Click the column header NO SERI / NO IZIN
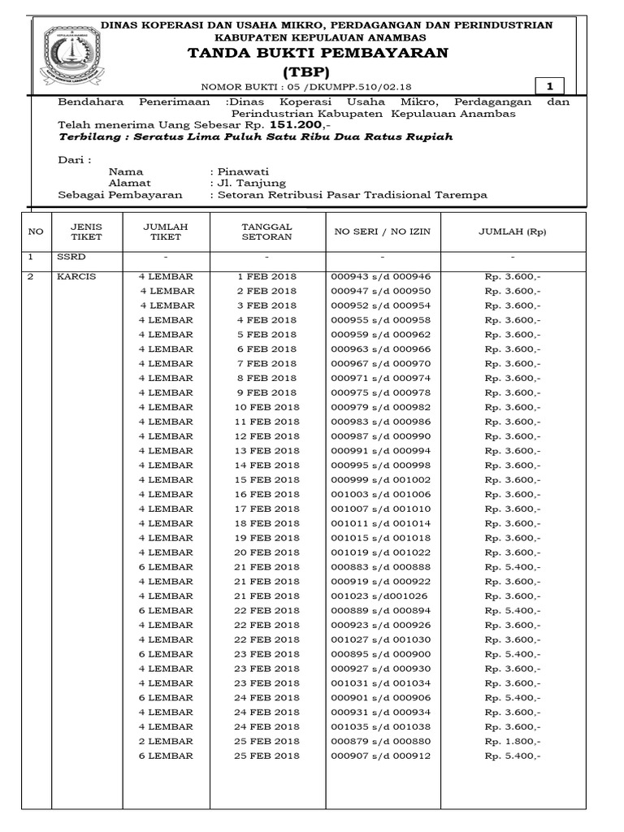click(382, 232)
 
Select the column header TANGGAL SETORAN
click(266, 232)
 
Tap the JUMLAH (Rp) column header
click(513, 232)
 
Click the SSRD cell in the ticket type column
click(69, 257)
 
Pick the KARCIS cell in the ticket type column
click(76, 276)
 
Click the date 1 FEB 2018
click(266, 276)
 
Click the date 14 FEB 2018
click(266, 465)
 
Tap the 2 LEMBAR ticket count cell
click(166, 741)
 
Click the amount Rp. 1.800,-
click(513, 741)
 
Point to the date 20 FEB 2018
click(266, 552)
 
